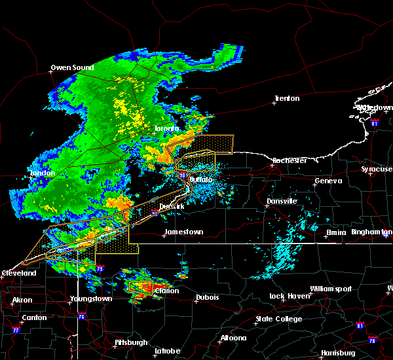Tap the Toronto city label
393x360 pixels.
pyautogui.click(x=166, y=129)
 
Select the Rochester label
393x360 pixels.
pyautogui.click(x=289, y=160)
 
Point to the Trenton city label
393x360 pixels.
pyautogui.click(x=286, y=99)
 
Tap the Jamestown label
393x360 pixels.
pyautogui.click(x=183, y=232)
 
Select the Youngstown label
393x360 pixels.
pyautogui.click(x=91, y=299)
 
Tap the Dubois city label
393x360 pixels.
pyautogui.click(x=207, y=298)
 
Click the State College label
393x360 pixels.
pyautogui.click(x=279, y=319)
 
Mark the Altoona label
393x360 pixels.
pyautogui.click(x=233, y=338)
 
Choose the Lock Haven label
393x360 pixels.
pyautogui.click(x=289, y=297)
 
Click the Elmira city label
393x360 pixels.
pyautogui.click(x=339, y=232)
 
